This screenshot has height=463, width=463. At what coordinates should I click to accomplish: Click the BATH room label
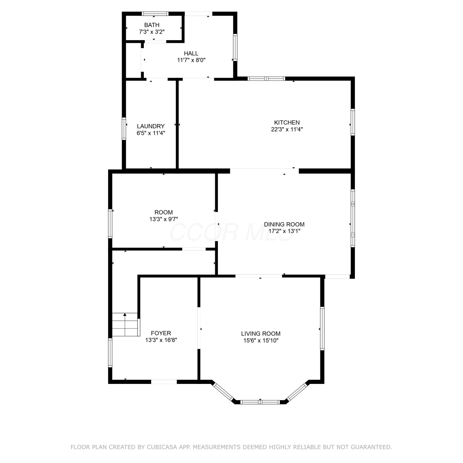point(152,25)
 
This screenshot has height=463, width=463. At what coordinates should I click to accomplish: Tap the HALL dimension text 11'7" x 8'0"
point(191,60)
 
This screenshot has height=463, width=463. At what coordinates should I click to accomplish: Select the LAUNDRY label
point(151,126)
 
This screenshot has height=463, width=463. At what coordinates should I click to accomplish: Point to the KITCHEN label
point(287,123)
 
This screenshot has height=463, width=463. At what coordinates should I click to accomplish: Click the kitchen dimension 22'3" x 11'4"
point(287,129)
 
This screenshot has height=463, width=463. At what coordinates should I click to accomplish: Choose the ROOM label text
point(164,212)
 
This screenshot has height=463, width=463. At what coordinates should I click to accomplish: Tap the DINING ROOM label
point(284,224)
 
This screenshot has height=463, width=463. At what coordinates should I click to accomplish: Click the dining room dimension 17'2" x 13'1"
point(284,231)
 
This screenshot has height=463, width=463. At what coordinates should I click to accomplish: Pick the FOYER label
point(161,333)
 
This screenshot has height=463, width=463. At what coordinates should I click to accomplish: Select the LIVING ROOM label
point(261,334)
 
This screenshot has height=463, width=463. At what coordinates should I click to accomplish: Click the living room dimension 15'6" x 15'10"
point(261,340)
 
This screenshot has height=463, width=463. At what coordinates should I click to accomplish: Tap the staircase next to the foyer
point(125,324)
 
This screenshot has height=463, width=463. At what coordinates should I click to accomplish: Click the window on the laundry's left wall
point(124,128)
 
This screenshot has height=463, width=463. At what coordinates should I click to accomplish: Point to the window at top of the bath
point(155,14)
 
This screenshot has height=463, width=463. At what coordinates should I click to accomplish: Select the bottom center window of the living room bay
point(260,402)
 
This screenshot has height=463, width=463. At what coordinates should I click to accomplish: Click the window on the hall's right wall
point(235,47)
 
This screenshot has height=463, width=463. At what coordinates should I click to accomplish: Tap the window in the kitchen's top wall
point(267,78)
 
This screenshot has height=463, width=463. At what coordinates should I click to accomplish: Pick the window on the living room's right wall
point(322,328)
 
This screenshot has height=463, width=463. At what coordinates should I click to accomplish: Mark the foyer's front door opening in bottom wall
point(164,382)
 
